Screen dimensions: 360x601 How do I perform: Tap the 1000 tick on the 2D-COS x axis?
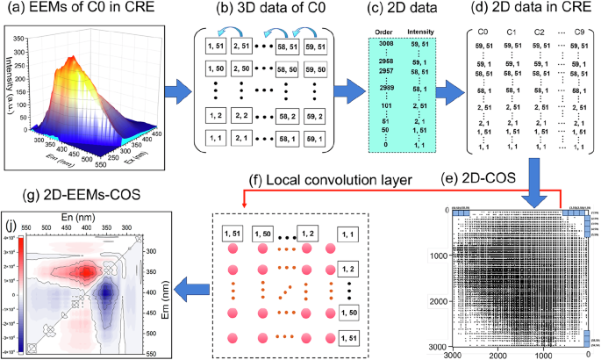click(541, 354)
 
